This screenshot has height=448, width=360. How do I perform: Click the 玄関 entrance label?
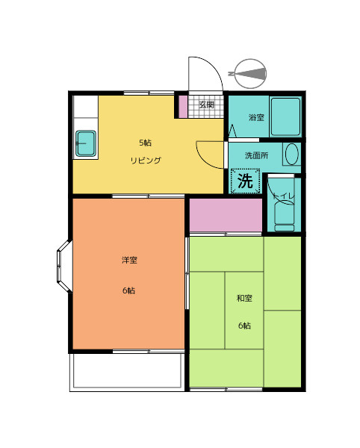click(x=206, y=105)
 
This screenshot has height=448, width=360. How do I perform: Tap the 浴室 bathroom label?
click(x=256, y=117)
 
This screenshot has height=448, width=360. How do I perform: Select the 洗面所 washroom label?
click(x=257, y=155)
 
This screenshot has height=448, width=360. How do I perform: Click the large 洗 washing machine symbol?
click(x=246, y=181)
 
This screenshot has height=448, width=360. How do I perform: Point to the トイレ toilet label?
click(x=283, y=196)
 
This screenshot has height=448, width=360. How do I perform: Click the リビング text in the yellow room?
click(x=146, y=161)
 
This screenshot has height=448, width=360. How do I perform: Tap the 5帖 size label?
click(x=146, y=143)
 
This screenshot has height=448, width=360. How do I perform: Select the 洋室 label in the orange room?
click(x=129, y=260)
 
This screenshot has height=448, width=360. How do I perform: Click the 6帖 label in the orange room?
click(x=129, y=290)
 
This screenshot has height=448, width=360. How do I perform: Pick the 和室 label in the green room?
click(x=244, y=298)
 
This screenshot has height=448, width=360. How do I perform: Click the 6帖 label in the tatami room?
click(x=244, y=326)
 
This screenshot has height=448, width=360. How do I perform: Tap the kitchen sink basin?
click(x=86, y=143)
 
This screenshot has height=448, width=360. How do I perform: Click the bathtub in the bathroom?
click(x=285, y=116)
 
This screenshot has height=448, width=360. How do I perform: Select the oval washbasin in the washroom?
click(x=292, y=154)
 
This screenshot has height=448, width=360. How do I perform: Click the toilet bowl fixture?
click(x=285, y=217)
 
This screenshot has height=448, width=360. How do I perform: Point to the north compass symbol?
click(x=249, y=74)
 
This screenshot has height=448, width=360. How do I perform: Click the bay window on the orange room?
click(x=64, y=267)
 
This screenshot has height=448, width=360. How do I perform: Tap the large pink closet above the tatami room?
click(x=226, y=215)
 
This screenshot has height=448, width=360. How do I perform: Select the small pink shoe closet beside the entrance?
click(x=183, y=107)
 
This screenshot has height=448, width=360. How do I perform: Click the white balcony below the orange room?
click(x=128, y=372)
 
